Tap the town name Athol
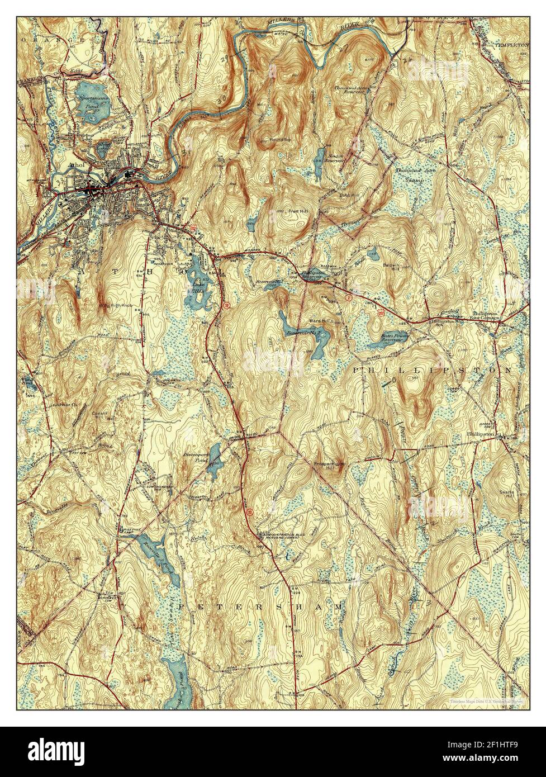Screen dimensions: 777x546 coord(74,165)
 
